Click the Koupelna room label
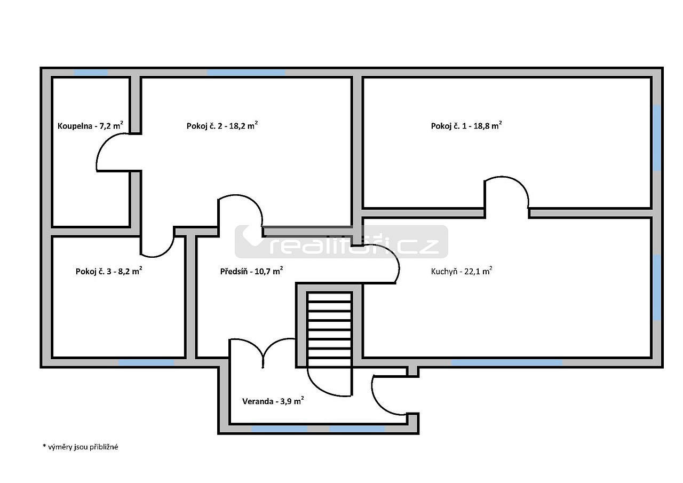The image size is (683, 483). point(90,125)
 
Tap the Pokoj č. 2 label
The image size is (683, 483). point(223,125)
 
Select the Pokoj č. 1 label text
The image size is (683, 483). point(466,125)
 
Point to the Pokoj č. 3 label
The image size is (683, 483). point(109,271)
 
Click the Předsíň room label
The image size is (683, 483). point(251,271)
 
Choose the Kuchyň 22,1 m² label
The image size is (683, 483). point(462,271)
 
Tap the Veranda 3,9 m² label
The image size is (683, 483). point(273,401)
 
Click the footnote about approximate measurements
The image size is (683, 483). point(80,447)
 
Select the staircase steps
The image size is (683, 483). point(330,329)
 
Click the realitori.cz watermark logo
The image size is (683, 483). point(341,242)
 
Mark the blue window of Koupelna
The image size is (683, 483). point(91,73)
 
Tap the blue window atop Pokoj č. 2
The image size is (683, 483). point(246,73)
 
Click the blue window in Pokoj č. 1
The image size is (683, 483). point(657,138)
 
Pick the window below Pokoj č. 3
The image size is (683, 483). point(146,362)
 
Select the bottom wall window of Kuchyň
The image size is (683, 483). point(506,362)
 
